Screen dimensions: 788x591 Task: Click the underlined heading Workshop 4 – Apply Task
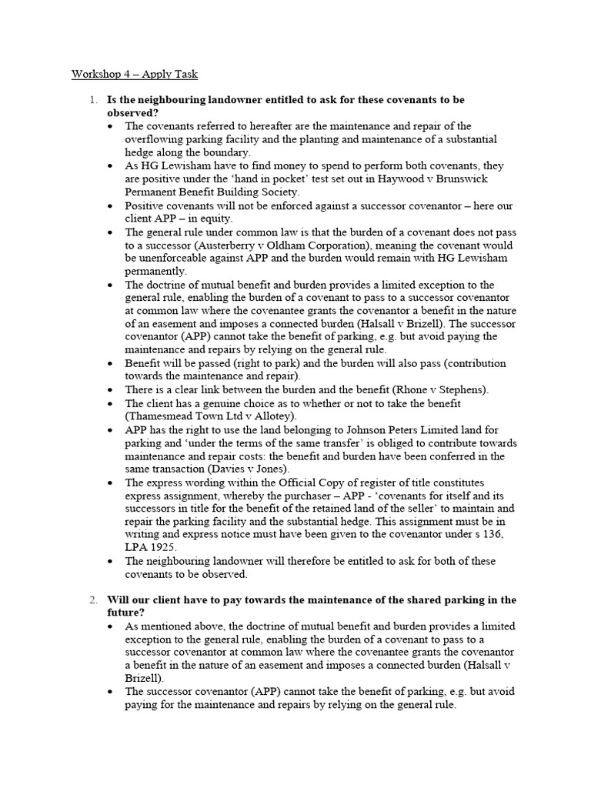(135, 75)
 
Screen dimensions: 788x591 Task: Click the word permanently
(155, 271)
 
